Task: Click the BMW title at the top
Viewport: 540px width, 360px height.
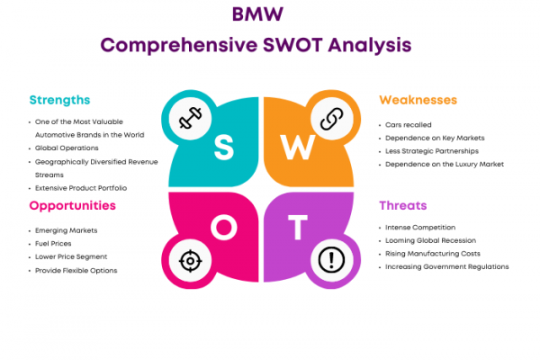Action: (x=257, y=14)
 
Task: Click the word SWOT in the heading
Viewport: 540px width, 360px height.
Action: (x=292, y=45)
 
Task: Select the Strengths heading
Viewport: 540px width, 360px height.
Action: (x=59, y=100)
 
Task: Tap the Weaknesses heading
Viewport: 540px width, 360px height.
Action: (x=418, y=100)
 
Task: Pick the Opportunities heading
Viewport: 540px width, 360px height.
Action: (x=72, y=206)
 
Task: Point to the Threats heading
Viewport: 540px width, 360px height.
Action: (x=403, y=206)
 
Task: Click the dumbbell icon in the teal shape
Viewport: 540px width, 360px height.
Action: (x=190, y=118)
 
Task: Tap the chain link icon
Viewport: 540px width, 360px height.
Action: (x=331, y=119)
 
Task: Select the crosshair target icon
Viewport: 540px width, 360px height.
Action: (x=190, y=261)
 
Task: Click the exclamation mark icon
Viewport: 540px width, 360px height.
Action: (x=331, y=259)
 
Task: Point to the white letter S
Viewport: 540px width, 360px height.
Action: (x=224, y=147)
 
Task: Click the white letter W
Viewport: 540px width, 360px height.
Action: (x=298, y=147)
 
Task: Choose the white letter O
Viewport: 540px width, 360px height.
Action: (x=224, y=227)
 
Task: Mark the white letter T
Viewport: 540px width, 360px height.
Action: (x=298, y=227)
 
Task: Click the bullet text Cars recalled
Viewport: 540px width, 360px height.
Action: (x=408, y=125)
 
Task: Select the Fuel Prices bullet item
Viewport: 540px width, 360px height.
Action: (x=53, y=244)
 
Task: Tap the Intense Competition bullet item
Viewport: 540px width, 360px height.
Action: (x=420, y=228)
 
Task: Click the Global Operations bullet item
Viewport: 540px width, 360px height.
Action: (x=67, y=148)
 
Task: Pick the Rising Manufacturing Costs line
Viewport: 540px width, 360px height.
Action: (x=433, y=254)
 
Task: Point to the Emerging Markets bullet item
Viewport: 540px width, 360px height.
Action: (x=66, y=230)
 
